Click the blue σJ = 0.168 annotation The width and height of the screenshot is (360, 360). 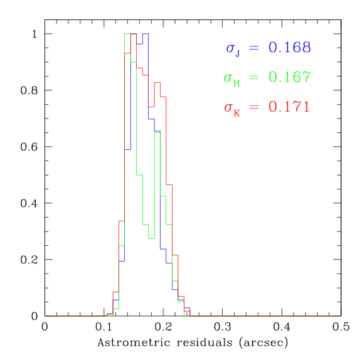click(x=268, y=48)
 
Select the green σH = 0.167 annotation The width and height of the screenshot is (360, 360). click(x=267, y=78)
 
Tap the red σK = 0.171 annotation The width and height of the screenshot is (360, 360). click(x=267, y=107)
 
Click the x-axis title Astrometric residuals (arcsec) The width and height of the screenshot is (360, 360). click(x=193, y=344)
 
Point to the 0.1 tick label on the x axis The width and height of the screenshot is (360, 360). click(x=104, y=327)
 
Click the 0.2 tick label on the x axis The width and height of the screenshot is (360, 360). click(x=163, y=327)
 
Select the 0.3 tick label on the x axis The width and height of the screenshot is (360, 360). click(x=223, y=327)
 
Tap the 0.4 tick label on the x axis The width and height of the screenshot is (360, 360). click(x=282, y=327)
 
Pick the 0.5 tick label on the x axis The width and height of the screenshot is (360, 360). click(x=341, y=327)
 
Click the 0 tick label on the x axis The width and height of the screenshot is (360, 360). click(x=45, y=327)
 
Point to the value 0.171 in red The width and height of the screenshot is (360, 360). click(x=289, y=107)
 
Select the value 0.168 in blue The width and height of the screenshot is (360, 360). click(x=290, y=48)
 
